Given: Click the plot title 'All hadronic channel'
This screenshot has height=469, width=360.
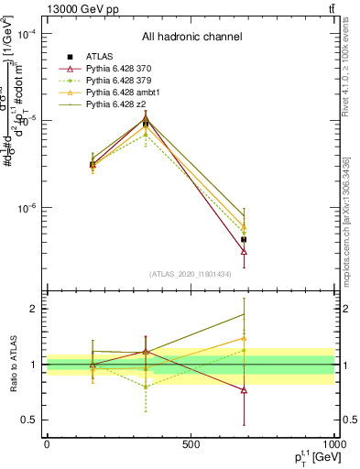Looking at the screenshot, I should tap(191, 38).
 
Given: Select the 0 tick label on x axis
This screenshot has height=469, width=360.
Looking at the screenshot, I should tap(47, 444).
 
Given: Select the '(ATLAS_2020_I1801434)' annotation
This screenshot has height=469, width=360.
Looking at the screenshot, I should tap(191, 274).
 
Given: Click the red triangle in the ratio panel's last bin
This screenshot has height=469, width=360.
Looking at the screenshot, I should tap(244, 390).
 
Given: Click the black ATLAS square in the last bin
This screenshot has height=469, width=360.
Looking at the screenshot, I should tap(244, 239).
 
